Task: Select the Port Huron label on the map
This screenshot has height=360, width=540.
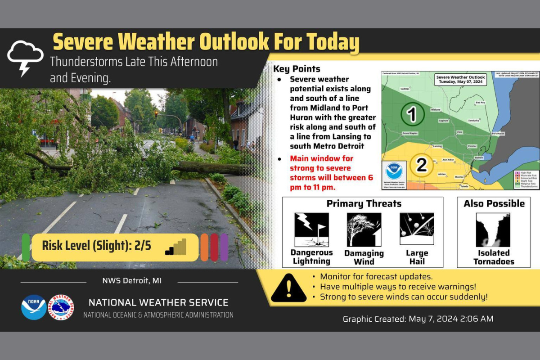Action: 498,134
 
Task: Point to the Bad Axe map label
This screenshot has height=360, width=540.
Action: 481,103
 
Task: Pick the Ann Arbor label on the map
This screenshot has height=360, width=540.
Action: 448,160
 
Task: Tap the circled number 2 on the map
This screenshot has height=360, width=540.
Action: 422,165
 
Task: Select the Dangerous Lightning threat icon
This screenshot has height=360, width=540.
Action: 311,229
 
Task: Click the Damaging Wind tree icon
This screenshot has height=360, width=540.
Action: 364,229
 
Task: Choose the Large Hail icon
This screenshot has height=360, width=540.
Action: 417,229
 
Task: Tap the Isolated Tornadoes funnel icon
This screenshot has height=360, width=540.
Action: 493,230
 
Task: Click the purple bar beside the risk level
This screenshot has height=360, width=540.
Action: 224,247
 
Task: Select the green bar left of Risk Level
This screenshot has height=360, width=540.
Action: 26,247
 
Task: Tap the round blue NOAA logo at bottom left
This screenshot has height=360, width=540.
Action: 34,307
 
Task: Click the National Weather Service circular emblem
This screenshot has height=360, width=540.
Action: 61,307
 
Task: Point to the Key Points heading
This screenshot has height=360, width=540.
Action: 297,69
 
